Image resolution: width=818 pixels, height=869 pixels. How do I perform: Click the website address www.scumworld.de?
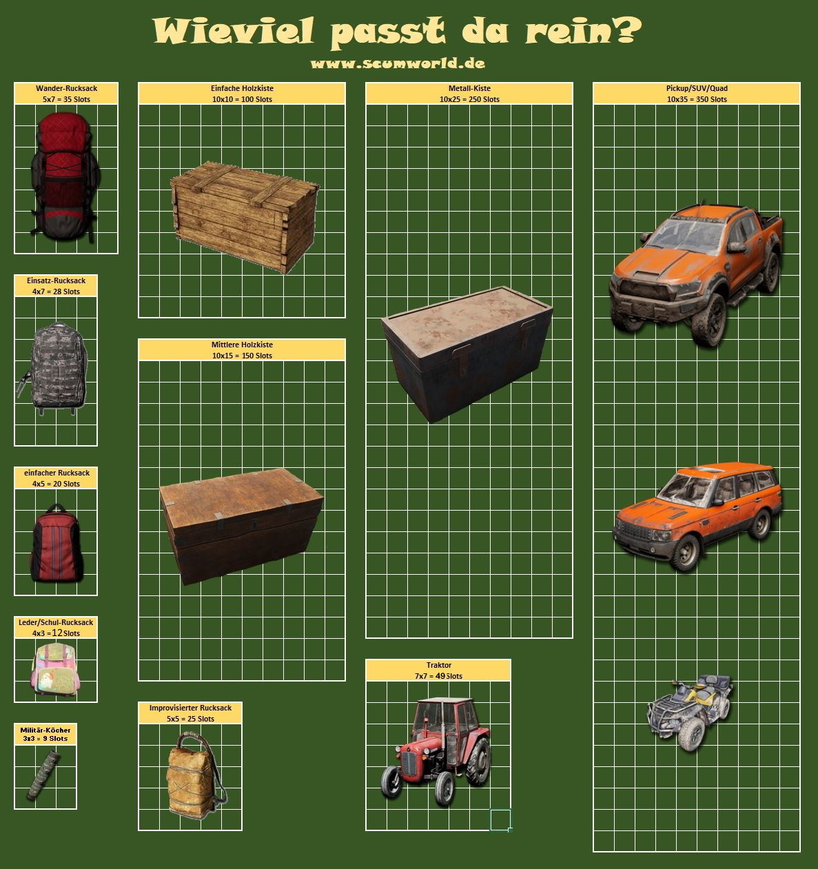pos(398,63)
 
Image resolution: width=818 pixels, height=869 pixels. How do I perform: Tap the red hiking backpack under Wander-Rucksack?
pos(65,177)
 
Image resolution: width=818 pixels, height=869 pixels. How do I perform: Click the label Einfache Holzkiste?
pos(242,88)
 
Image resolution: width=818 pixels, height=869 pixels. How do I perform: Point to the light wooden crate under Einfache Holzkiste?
pos(245,218)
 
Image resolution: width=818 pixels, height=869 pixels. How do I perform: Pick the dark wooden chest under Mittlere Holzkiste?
pos(241,526)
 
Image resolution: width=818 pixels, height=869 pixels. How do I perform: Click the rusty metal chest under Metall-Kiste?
pos(467,354)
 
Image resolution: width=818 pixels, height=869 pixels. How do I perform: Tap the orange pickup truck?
pos(695,274)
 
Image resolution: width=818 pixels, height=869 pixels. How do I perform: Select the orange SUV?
pos(697,516)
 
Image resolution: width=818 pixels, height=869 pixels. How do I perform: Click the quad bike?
pos(689,713)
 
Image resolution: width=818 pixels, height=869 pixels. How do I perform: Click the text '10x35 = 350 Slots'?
pos(697,99)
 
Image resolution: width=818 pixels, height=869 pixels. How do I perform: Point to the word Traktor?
pos(438,665)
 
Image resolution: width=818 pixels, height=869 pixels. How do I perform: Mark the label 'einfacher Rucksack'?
pos(57,473)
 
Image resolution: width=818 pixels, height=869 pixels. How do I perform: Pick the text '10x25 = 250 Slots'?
pos(469,99)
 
